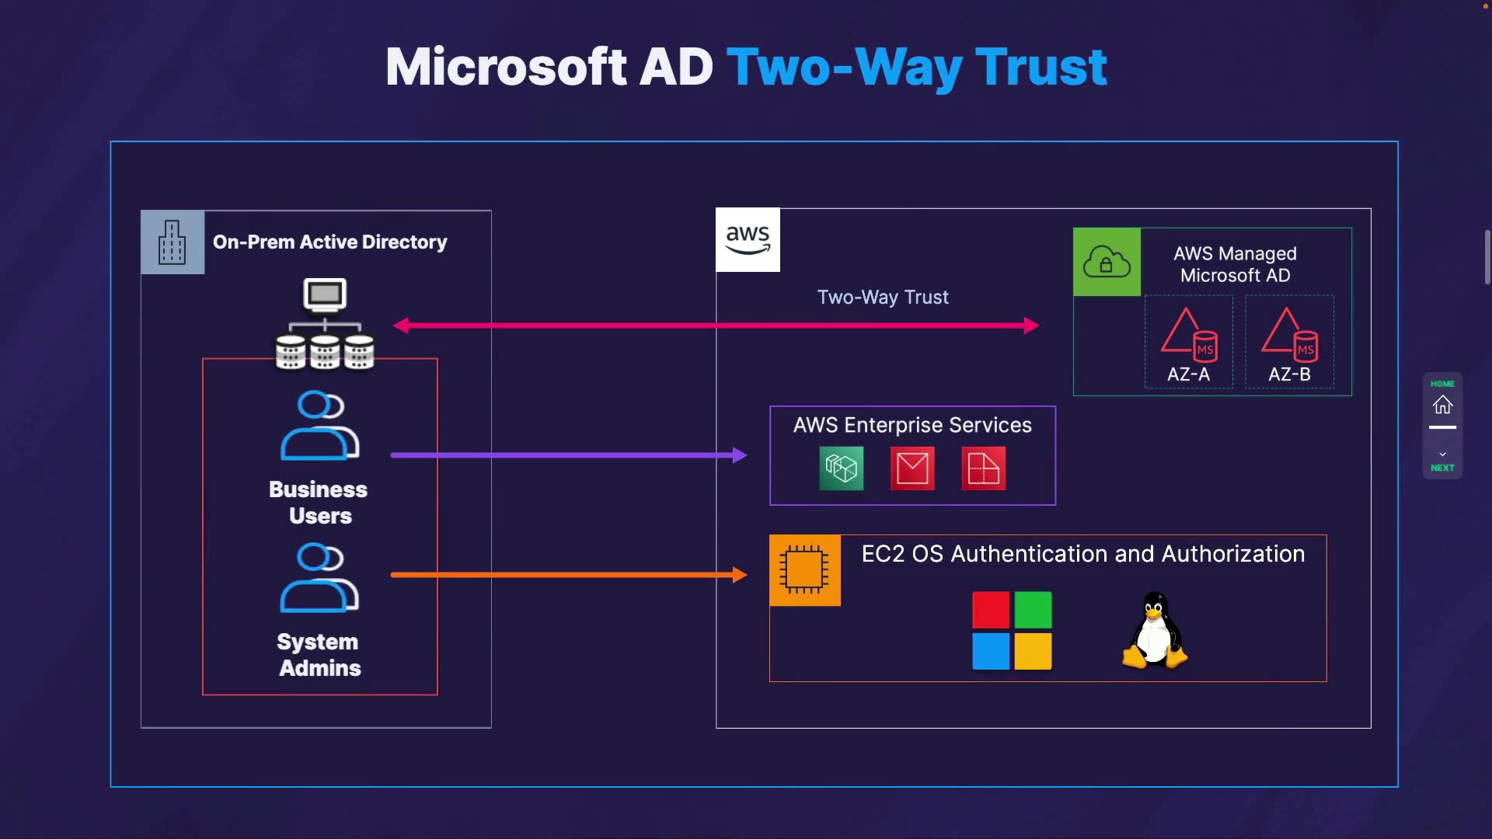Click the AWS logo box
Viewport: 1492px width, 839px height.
[748, 239]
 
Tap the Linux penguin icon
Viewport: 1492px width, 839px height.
[1155, 631]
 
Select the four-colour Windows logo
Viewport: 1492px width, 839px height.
[1012, 630]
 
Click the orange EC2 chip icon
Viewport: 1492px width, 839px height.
[804, 569]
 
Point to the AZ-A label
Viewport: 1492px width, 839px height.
[1188, 374]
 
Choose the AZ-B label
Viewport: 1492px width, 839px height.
[1289, 374]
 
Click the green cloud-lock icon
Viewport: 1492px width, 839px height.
[1107, 262]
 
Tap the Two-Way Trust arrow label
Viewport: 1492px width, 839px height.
[883, 298]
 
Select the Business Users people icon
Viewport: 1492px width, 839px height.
[319, 426]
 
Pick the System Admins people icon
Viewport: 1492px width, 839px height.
[319, 578]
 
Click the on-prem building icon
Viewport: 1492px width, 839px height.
[173, 242]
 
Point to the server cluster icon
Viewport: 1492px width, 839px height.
[325, 325]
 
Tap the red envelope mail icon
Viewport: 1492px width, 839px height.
[912, 468]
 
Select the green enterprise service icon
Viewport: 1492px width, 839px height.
[841, 468]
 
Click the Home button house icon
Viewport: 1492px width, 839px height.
[1442, 405]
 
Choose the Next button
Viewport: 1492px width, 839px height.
[1442, 461]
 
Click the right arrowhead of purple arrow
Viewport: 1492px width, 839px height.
[739, 455]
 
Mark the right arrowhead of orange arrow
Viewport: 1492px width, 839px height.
[739, 575]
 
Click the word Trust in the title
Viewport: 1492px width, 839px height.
[1041, 68]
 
